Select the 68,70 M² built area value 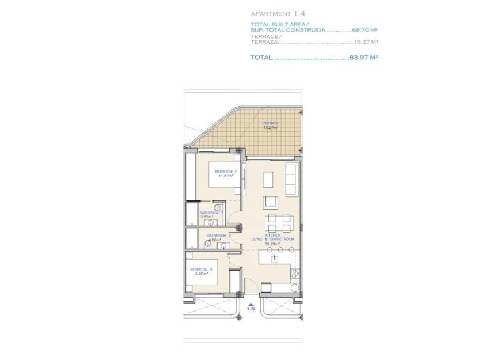tap(365, 29)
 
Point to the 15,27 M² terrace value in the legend tap(366, 42)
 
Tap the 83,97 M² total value tap(363, 57)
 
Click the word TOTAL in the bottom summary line tap(261, 57)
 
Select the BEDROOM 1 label tap(225, 172)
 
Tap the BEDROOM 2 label tap(202, 270)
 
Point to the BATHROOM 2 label tap(219, 235)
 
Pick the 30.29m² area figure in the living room tap(272, 243)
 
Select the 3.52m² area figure tap(207, 217)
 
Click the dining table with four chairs tap(279, 222)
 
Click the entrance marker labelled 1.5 tap(250, 309)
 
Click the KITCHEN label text tap(273, 234)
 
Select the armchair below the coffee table tap(271, 202)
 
